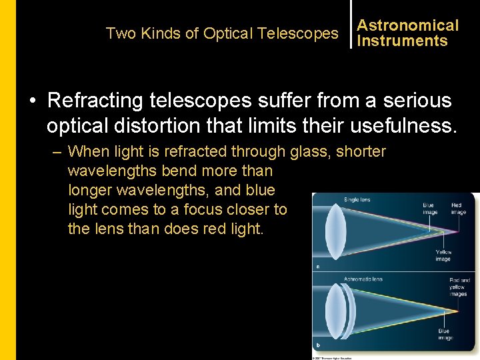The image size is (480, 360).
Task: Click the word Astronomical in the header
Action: [x=408, y=25]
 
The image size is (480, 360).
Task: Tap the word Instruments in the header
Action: [x=402, y=41]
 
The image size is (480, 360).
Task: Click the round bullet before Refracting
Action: [x=32, y=101]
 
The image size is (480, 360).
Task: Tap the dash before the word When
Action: [x=57, y=152]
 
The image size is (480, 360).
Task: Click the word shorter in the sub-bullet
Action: [x=361, y=152]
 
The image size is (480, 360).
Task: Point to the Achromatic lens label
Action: [x=363, y=279]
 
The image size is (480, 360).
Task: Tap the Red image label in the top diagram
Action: [x=458, y=209]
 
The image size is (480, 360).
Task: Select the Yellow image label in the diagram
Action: [x=443, y=255]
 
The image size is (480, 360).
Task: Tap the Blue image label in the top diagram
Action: [x=430, y=209]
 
